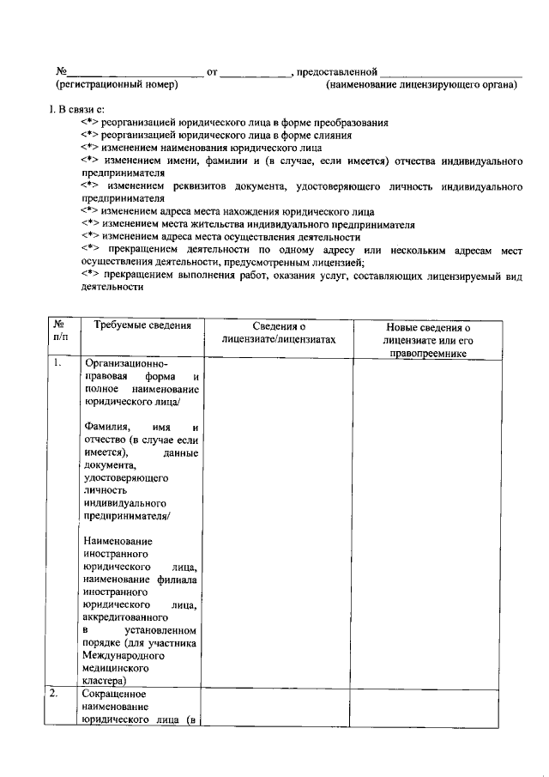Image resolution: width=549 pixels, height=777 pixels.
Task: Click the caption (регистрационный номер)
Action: (117, 85)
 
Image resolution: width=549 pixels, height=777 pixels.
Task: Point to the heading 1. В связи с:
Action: (78, 109)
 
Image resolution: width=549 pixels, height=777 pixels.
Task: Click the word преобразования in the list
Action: (349, 123)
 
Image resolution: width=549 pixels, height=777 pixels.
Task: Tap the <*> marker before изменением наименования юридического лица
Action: (90, 148)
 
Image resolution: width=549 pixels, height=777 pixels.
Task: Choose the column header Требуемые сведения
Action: (136, 326)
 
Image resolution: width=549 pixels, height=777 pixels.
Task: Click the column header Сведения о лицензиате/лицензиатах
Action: (280, 333)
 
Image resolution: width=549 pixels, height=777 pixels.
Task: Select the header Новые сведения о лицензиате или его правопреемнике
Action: (429, 339)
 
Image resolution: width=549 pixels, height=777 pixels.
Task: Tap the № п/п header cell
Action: (60, 332)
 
